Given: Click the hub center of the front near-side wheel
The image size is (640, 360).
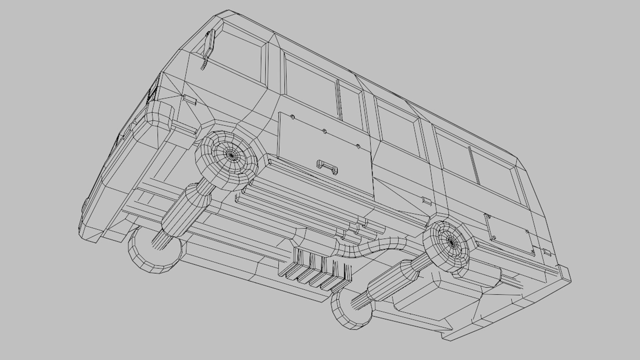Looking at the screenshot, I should pyautogui.click(x=231, y=155).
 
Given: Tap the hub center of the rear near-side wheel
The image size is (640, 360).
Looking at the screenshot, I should pyautogui.click(x=450, y=242).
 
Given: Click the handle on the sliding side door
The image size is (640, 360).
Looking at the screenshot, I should pyautogui.click(x=327, y=167).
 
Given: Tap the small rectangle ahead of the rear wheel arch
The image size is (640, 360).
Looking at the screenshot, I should pyautogui.click(x=427, y=201).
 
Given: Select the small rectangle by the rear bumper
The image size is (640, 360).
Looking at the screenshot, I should pyautogui.click(x=547, y=252).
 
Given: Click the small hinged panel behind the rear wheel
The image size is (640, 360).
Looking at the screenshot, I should pyautogui.click(x=510, y=235).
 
